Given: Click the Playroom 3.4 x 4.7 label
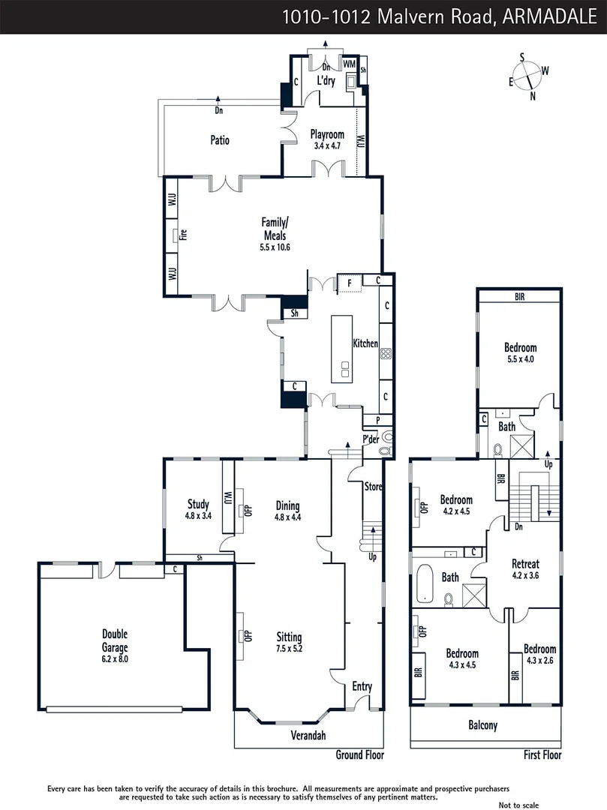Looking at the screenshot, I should tap(326, 140).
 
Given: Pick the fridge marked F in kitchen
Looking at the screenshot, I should tap(348, 283).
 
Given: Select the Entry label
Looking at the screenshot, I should tap(362, 685).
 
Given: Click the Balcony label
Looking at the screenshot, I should tap(482, 725).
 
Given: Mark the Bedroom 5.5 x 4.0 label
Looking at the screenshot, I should tap(520, 353).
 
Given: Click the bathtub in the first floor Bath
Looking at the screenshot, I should tap(424, 584).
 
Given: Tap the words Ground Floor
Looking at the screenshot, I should tap(359, 755).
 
